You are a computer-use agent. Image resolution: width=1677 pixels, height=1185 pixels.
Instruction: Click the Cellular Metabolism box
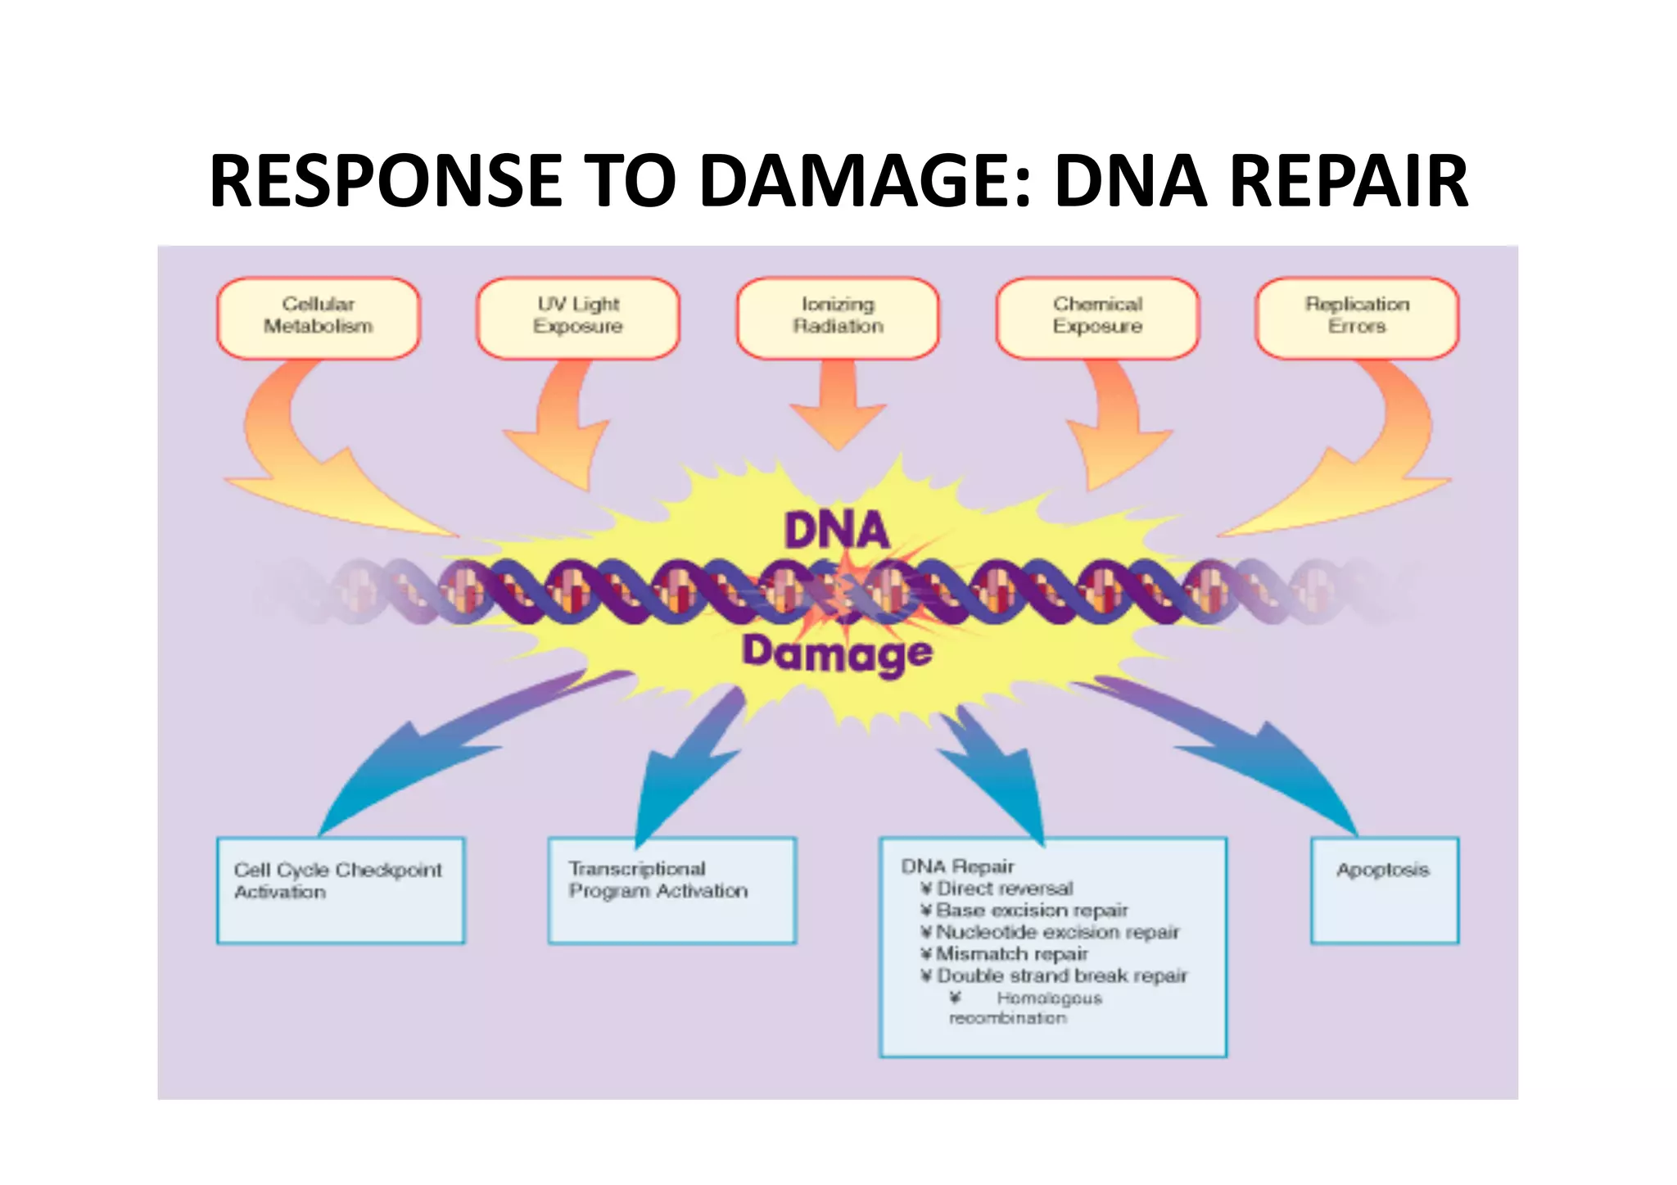(x=319, y=318)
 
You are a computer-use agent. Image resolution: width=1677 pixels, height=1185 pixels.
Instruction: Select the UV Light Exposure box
(x=578, y=318)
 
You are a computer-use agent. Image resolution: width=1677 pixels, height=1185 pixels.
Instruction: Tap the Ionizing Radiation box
(x=838, y=318)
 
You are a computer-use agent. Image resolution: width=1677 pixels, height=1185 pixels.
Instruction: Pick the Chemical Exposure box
(x=1097, y=318)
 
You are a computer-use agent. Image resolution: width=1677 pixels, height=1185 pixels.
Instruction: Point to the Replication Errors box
(x=1357, y=318)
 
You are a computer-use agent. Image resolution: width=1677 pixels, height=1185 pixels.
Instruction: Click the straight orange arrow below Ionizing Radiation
(x=838, y=405)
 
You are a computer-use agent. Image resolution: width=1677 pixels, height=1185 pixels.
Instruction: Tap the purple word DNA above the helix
(x=837, y=530)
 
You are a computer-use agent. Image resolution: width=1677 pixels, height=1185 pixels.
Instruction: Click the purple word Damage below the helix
(x=837, y=654)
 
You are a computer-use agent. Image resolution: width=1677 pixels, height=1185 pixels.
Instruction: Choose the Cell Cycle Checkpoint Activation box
(x=341, y=890)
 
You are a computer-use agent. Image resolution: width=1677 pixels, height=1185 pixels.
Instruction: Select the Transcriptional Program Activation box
(x=671, y=890)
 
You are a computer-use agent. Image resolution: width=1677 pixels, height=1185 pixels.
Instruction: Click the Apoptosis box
(x=1384, y=890)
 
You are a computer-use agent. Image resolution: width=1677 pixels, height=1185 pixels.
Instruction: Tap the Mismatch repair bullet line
(x=1011, y=954)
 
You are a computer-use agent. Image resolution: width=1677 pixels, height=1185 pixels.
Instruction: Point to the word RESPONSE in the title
(x=385, y=181)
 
